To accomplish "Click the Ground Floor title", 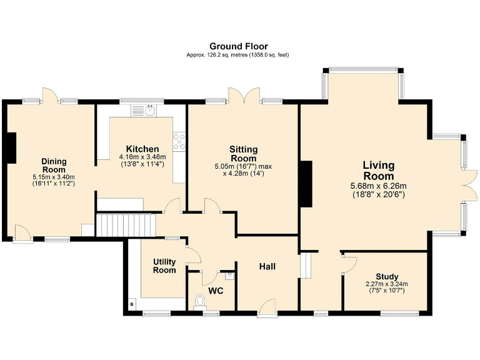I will click(x=238, y=46).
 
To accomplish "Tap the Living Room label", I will click(x=379, y=171).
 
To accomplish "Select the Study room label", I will click(x=387, y=277).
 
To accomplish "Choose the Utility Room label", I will click(x=164, y=266).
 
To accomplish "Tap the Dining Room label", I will click(x=54, y=165).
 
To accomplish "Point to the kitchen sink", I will click(x=150, y=111).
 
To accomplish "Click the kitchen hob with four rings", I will click(x=179, y=142).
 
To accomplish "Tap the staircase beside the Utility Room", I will click(x=124, y=224).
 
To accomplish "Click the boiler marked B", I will click(x=132, y=304).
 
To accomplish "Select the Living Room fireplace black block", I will click(x=306, y=184).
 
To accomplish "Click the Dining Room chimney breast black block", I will click(x=11, y=148).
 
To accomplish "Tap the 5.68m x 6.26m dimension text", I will click(x=379, y=186).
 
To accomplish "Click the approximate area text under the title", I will click(x=238, y=55).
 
